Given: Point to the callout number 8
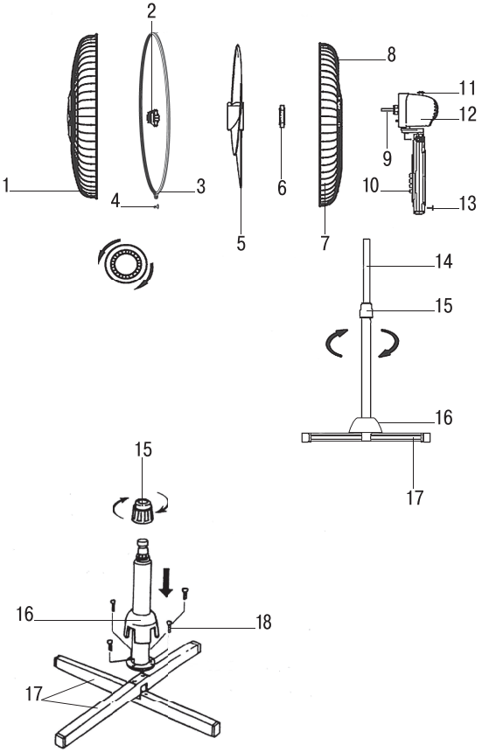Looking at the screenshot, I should (391, 54).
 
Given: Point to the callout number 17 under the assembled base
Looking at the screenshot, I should (414, 498).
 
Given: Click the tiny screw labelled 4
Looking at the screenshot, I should (155, 207).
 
